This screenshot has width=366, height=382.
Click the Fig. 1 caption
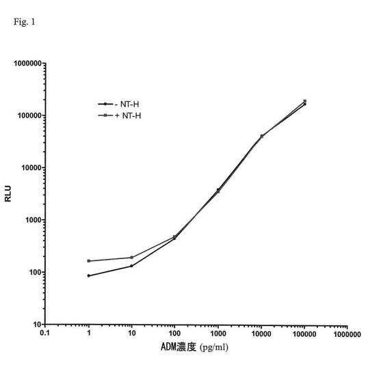[25, 22]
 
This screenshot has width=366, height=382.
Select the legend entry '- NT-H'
[118, 105]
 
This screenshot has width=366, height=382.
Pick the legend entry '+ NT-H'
[120, 115]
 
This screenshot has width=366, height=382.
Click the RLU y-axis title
[8, 193]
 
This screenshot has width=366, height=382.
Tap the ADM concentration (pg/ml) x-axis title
[194, 347]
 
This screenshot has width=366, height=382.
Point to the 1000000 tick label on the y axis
[28, 64]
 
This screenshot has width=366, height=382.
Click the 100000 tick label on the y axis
[29, 115]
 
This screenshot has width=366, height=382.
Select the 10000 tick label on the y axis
[31, 167]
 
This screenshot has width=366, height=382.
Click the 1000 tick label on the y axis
[34, 220]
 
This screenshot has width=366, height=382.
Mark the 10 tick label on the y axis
[38, 325]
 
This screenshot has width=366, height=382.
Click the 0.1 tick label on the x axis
[44, 333]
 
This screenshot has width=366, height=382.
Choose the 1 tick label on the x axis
[89, 333]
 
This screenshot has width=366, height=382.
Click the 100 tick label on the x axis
[174, 333]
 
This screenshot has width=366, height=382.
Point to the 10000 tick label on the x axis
[261, 333]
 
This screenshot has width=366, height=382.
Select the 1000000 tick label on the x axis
[348, 334]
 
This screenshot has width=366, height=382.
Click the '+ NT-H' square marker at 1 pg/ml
[89, 261]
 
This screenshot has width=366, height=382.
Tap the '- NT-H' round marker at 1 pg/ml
[89, 275]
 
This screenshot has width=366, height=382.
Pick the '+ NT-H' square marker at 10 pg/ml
[131, 258]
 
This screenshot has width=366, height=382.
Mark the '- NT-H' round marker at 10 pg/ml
[131, 266]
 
